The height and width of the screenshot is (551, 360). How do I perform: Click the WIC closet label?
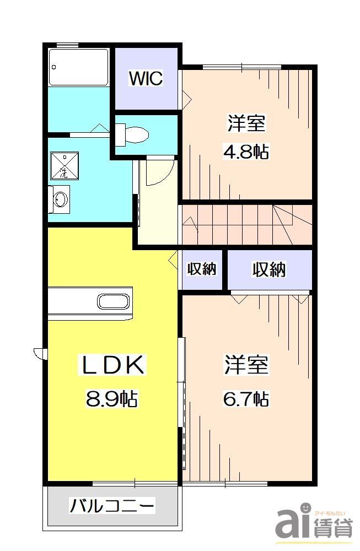coord(146,79)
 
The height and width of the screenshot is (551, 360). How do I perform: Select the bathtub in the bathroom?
coord(78,67)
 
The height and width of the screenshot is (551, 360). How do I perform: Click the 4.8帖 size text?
coord(246,152)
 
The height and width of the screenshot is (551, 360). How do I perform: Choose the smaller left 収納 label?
coord(202,269)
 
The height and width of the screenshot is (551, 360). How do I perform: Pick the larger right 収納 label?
coord(269,269)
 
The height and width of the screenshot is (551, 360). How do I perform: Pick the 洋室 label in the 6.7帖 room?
coord(246,365)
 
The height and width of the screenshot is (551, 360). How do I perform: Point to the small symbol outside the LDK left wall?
coord(39,353)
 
